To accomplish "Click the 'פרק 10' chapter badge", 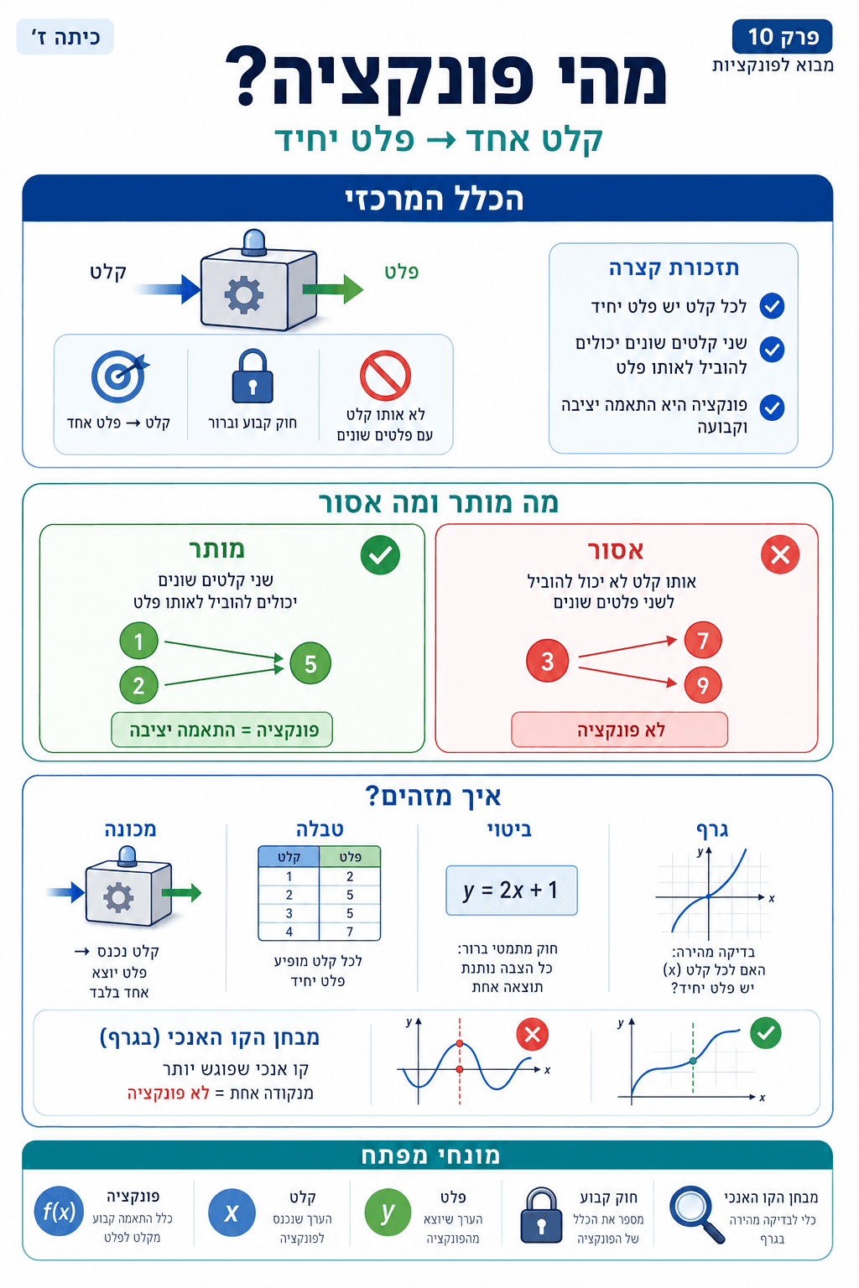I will click(x=782, y=37).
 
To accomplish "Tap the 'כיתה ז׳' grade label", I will click(x=65, y=38).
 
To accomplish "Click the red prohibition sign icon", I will click(x=385, y=375).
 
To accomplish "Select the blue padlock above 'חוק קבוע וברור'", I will click(x=252, y=377).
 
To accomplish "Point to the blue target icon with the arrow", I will click(x=119, y=377).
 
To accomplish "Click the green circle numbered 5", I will click(x=310, y=664).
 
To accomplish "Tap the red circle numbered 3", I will click(x=547, y=661).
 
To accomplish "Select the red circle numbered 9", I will click(x=703, y=685).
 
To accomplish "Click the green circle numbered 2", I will click(x=139, y=685).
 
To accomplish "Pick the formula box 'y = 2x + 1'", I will click(x=511, y=890).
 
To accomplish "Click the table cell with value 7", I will click(x=350, y=932).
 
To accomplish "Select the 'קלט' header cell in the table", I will click(x=289, y=856).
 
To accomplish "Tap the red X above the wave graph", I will click(x=532, y=1034).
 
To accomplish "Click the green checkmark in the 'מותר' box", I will click(x=380, y=555).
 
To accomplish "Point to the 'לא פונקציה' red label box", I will click(x=619, y=730).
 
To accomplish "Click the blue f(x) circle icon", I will click(x=59, y=1212).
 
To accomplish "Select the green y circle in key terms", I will click(x=388, y=1213).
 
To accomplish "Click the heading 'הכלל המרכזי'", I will click(x=434, y=199).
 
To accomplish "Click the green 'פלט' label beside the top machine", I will click(x=401, y=272).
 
